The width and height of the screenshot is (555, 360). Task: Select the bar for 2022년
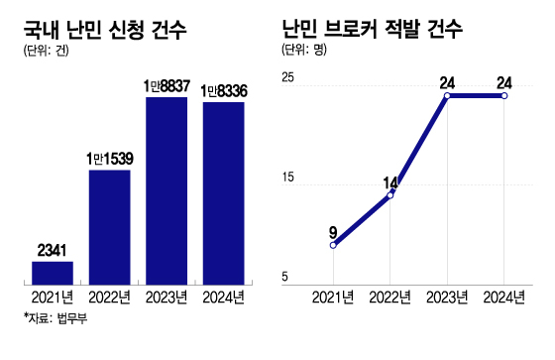pyautogui.click(x=109, y=225)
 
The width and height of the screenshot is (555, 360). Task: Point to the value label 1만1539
pyautogui.click(x=109, y=159)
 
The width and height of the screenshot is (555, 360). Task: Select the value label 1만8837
pyautogui.click(x=166, y=87)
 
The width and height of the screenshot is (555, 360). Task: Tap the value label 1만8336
pyautogui.click(x=223, y=91)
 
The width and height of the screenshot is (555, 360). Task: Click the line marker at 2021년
pyautogui.click(x=333, y=245)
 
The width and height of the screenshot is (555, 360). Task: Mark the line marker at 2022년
pyautogui.click(x=390, y=194)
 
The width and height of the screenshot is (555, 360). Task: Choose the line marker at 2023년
pyautogui.click(x=448, y=96)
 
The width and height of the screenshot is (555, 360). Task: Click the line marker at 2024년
pyautogui.click(x=505, y=96)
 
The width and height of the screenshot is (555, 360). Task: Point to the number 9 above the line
pyautogui.click(x=333, y=232)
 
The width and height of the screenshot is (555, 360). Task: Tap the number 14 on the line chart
pyautogui.click(x=390, y=181)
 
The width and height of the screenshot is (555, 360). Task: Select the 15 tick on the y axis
pyautogui.click(x=288, y=178)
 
